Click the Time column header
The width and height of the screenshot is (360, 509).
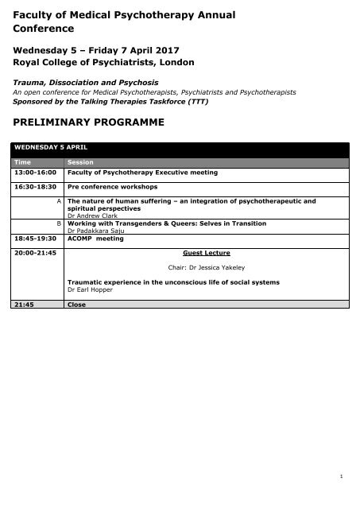21,162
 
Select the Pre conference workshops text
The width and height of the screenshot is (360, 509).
112,187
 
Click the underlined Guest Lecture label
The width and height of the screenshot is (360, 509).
196,252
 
